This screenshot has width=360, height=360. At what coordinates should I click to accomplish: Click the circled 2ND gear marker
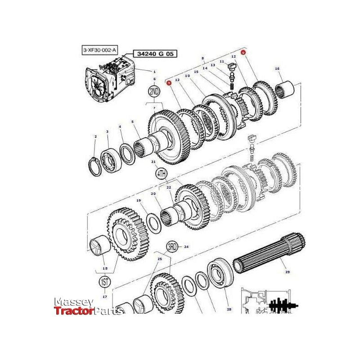click(154, 92)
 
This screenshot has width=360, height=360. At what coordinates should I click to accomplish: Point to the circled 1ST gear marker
click(104, 283)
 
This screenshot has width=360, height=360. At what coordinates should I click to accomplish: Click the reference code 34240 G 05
click(154, 54)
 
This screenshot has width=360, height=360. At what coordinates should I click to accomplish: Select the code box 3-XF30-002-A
click(99, 50)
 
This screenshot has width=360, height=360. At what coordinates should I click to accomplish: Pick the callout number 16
click(277, 68)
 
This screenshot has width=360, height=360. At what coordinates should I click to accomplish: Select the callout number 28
click(229, 310)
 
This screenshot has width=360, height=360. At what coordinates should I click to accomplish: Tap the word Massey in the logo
click(74, 301)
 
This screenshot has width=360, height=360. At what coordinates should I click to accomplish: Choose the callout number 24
click(186, 247)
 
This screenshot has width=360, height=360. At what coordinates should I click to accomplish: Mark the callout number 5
click(132, 121)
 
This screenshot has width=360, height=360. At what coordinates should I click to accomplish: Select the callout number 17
click(104, 297)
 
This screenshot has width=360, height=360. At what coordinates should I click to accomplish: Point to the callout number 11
click(222, 62)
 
